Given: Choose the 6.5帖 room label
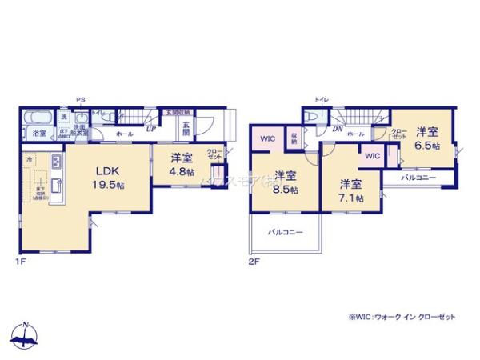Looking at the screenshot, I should point(426,138).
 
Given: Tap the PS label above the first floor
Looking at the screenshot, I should point(80,100).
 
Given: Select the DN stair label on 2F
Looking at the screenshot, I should point(337,128).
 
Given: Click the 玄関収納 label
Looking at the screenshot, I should point(177,112).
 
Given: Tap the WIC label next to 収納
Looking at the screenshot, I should point(267,138).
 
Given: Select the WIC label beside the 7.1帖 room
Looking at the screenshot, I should point(372,157).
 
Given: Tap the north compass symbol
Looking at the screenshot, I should point(25,335).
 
